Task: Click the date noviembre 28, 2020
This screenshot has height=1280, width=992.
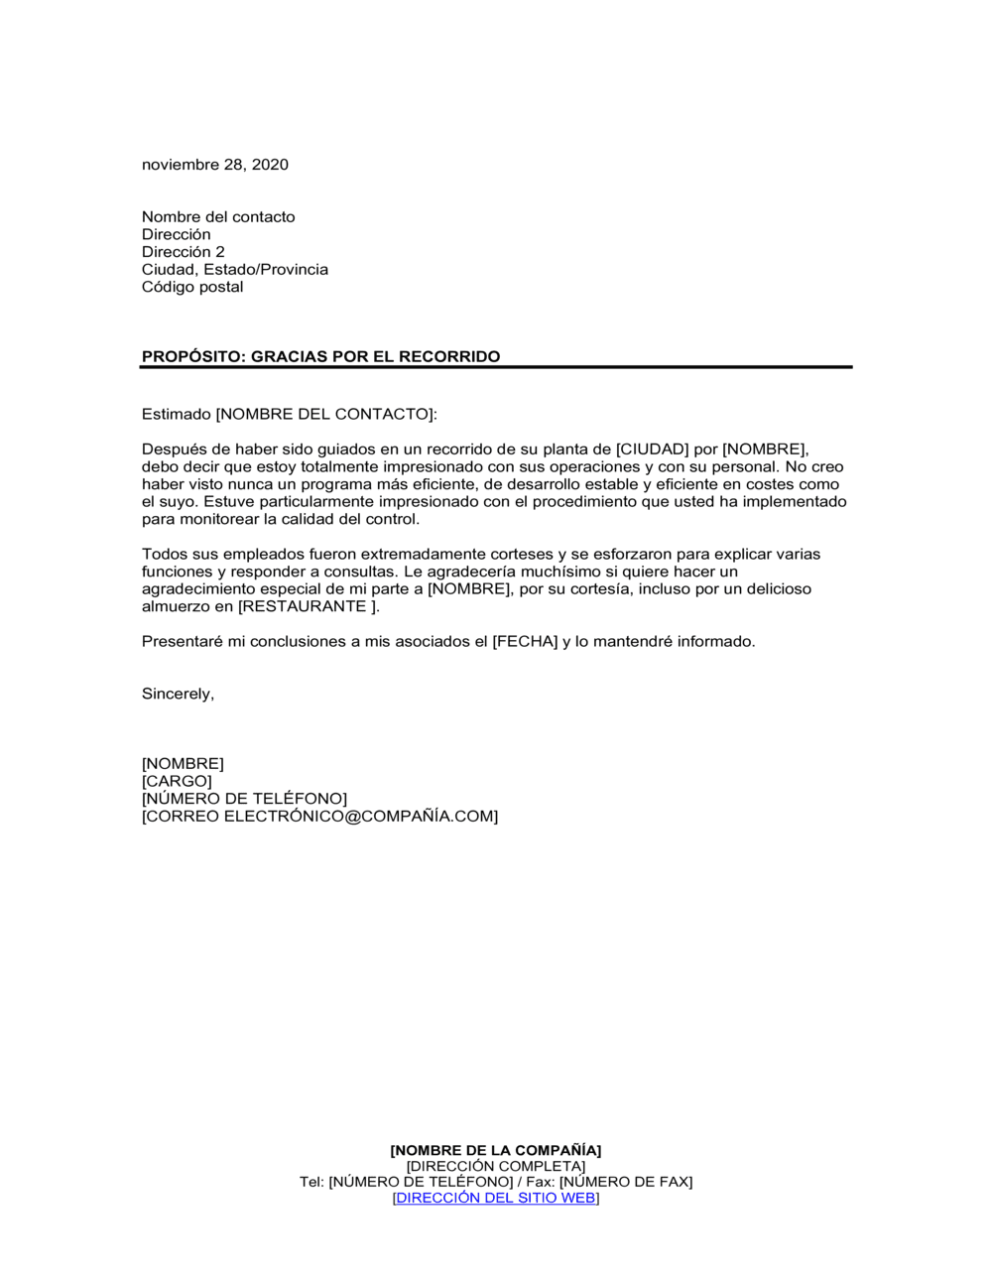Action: click(x=214, y=165)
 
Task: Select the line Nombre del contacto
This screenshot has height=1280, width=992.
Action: click(x=218, y=217)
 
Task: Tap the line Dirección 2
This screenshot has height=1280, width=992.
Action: click(x=184, y=252)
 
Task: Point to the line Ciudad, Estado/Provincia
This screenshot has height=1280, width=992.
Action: click(x=234, y=270)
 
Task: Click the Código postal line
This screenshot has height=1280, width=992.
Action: click(x=192, y=287)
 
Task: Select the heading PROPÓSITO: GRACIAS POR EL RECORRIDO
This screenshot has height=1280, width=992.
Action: click(x=320, y=357)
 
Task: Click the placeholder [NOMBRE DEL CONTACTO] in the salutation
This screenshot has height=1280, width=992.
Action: click(x=324, y=415)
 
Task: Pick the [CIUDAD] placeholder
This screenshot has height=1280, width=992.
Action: click(x=652, y=449)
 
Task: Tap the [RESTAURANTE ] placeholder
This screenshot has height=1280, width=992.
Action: click(x=308, y=607)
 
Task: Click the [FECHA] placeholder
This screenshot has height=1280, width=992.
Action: click(x=525, y=642)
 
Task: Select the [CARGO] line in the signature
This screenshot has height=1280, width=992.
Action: click(x=177, y=782)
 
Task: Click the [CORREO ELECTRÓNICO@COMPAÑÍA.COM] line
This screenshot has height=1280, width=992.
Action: click(x=319, y=817)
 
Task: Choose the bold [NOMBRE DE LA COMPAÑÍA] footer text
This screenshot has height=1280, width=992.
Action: click(x=495, y=1151)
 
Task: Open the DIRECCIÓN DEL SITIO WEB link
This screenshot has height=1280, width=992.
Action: click(x=496, y=1199)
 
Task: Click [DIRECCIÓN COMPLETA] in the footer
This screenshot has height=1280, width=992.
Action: click(x=495, y=1167)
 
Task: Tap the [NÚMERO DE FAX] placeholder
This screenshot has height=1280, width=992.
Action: click(x=626, y=1183)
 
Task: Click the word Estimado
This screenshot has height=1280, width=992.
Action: click(x=176, y=415)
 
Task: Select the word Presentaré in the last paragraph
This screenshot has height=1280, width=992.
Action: click(x=183, y=642)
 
